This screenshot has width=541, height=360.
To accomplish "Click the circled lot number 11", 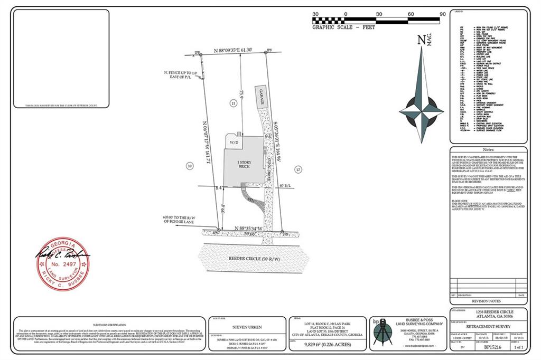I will point(233,104).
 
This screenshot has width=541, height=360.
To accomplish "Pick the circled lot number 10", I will point(190,166).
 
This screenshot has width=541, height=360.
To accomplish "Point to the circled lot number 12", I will point(299,169).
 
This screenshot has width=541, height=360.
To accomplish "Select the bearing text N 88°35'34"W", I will point(256,228).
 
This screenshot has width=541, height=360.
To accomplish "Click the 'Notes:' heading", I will point(488,150).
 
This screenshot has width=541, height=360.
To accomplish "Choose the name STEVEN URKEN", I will point(246,327).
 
